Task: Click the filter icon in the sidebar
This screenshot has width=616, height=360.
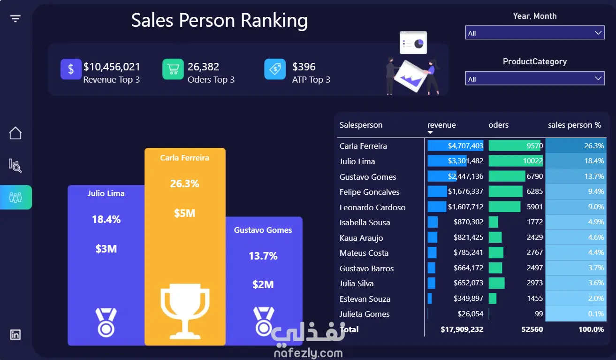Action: [15, 19]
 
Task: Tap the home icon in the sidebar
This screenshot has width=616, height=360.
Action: [15, 133]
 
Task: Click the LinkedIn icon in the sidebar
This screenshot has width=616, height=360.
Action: [15, 335]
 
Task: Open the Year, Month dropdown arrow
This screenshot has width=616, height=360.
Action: [598, 33]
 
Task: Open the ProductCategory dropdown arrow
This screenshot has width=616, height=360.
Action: [598, 78]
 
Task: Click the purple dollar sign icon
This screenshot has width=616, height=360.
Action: [71, 69]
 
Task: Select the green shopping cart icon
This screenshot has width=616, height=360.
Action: [173, 69]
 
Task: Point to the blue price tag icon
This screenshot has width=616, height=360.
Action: [275, 69]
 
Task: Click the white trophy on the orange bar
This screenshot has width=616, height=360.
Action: [185, 311]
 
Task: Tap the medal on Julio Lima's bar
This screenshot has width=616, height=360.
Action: [106, 322]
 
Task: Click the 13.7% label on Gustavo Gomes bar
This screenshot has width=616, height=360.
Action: [263, 256]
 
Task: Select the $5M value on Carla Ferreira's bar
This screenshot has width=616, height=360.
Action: [185, 213]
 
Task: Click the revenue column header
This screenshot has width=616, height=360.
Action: [441, 125]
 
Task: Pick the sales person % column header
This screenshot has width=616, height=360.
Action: [574, 125]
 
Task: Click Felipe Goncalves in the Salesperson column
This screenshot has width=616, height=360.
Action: [369, 192]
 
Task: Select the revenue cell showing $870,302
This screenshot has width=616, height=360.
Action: [468, 222]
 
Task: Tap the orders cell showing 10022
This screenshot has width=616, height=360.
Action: [532, 161]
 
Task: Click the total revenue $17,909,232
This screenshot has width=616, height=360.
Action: [462, 329]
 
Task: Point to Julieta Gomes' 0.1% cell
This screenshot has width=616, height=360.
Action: [596, 314]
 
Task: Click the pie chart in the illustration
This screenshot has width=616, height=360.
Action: [418, 44]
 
